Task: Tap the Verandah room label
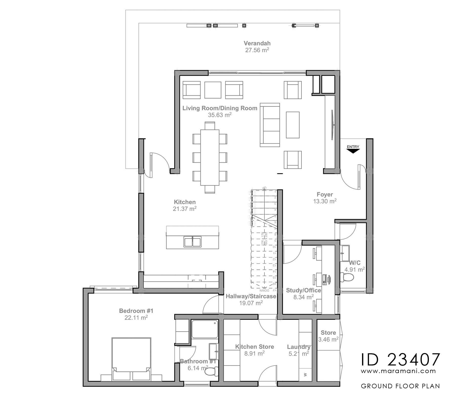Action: tap(257, 43)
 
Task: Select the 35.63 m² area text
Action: tap(220, 115)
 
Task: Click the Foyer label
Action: tap(325, 195)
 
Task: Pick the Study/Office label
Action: tap(303, 290)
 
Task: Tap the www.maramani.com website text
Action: tap(398, 371)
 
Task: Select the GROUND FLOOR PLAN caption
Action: tap(400, 386)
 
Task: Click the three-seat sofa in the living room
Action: tap(270, 125)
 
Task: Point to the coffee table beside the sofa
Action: tap(293, 125)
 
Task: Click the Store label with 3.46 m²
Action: tap(328, 332)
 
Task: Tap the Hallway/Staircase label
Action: tap(251, 296)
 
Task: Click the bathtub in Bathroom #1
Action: tap(205, 329)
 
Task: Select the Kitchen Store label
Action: tap(254, 347)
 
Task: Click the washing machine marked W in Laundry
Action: tap(305, 374)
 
